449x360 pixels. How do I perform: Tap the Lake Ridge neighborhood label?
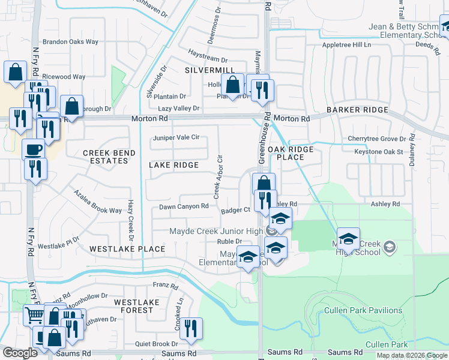(x=173, y=165)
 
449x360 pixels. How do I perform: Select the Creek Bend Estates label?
(x=109, y=158)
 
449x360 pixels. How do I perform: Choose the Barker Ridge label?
(x=357, y=110)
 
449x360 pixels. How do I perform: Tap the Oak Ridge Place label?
(x=294, y=153)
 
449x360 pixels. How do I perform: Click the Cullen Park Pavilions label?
(x=363, y=310)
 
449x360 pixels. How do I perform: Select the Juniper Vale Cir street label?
(x=176, y=137)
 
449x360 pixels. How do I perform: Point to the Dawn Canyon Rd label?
(x=184, y=207)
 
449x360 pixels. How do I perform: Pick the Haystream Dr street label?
(x=208, y=60)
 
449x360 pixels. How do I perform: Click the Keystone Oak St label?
(x=378, y=152)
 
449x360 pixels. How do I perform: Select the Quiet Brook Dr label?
(x=157, y=344)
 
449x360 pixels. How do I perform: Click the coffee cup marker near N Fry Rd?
(x=33, y=148)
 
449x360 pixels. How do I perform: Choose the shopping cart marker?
(x=34, y=314)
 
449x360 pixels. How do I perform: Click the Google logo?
(x=20, y=353)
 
